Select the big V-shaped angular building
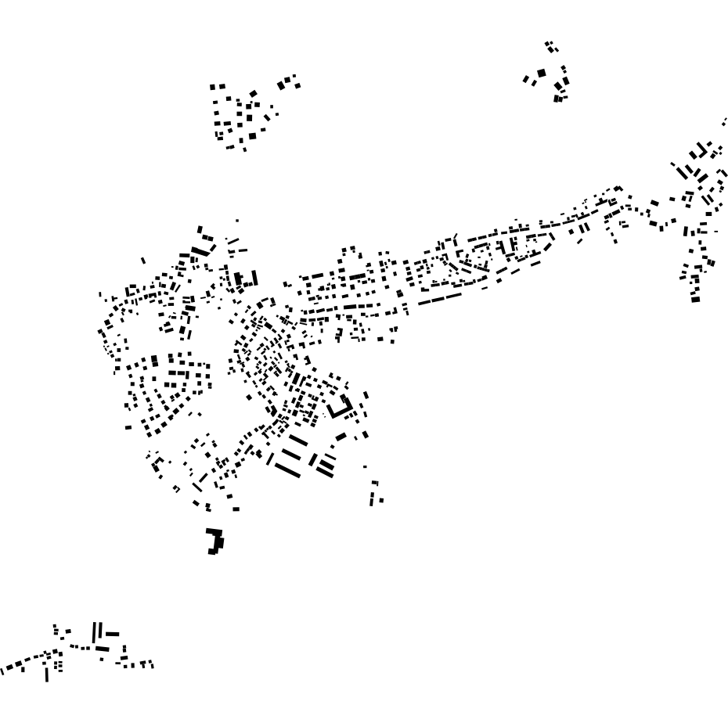click(341, 407)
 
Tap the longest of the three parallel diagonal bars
click(287, 469)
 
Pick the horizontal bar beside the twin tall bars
click(112, 634)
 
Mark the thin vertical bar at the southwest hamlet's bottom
click(46, 672)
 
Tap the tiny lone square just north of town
click(237, 221)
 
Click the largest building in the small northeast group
click(542, 74)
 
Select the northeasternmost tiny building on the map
click(725, 120)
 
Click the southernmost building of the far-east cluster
click(695, 299)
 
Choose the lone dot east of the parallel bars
click(364, 467)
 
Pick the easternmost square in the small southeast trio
click(382, 501)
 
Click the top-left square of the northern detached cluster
click(213, 88)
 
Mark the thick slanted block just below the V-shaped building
click(341, 436)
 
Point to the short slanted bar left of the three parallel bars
click(269, 459)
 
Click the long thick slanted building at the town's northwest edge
click(202, 251)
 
